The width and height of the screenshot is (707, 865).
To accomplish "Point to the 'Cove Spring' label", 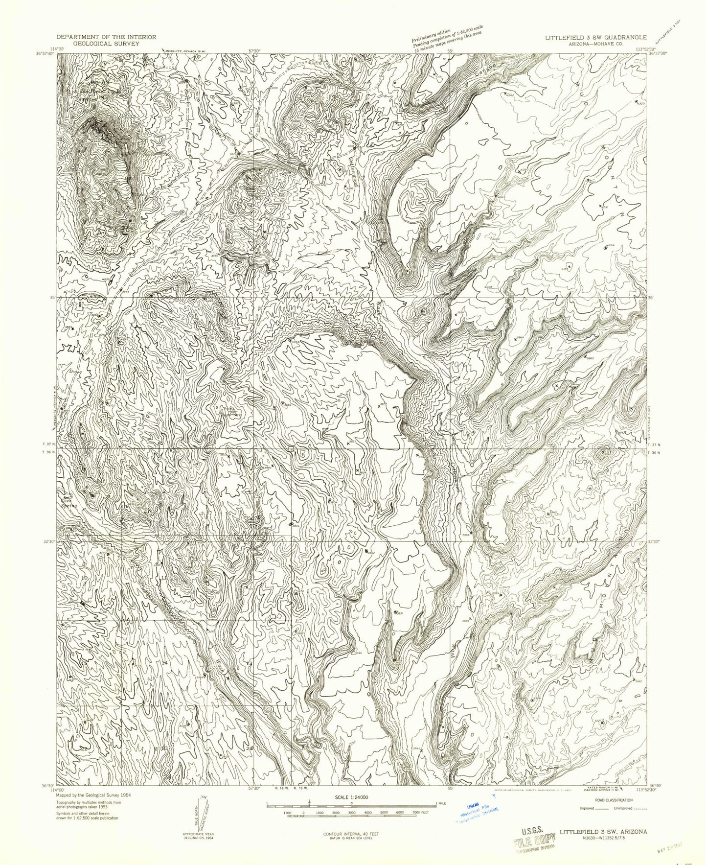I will [x=68, y=504].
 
